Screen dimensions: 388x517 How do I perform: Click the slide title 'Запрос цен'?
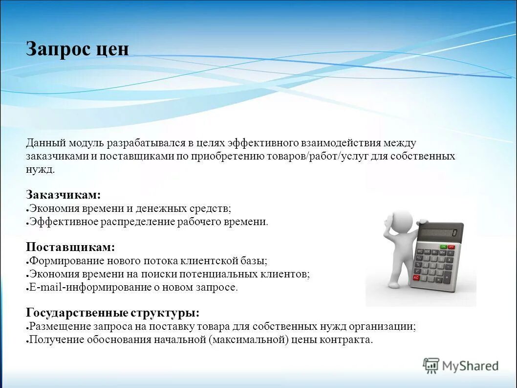(77, 49)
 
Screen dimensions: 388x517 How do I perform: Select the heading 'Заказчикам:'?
(63, 194)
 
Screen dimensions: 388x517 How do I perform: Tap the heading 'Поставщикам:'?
(70, 247)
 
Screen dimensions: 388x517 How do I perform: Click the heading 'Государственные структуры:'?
(112, 313)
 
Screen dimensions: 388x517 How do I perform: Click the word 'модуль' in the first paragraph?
(87, 143)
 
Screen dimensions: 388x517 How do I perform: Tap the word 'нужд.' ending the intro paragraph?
(40, 169)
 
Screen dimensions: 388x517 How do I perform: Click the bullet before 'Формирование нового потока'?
(27, 262)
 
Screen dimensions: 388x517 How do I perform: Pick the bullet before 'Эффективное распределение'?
(27, 223)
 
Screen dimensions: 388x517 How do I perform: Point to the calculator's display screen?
(439, 231)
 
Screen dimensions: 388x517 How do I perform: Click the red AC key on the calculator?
(417, 277)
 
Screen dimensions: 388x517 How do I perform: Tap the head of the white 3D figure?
(402, 219)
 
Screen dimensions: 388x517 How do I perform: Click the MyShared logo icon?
(431, 365)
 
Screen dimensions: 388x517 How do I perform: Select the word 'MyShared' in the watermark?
(470, 365)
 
